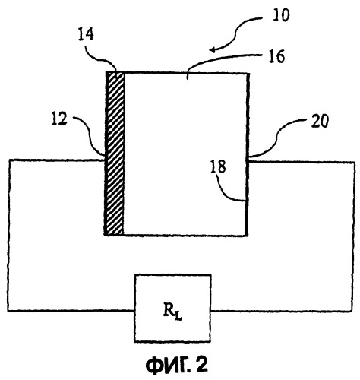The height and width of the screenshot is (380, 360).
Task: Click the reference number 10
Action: [x=280, y=15]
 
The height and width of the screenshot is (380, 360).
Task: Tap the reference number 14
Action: [x=86, y=34]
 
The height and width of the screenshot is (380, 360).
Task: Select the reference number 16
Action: [x=276, y=56]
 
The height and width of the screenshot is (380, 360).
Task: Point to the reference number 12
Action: [x=59, y=119]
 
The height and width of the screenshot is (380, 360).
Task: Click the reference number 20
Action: [x=320, y=121]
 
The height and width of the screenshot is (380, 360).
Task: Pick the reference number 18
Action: [x=218, y=167]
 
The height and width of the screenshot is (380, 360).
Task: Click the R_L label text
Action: [x=172, y=312]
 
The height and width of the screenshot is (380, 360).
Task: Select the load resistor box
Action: [x=172, y=308]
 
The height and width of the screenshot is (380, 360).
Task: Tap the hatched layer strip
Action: [x=115, y=154]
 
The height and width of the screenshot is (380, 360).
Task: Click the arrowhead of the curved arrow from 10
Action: [x=212, y=49]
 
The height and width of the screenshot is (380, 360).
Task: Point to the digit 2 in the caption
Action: [x=201, y=365]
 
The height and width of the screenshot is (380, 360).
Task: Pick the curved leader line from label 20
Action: [x=276, y=139]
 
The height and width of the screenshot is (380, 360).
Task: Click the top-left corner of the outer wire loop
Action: [x=9, y=160]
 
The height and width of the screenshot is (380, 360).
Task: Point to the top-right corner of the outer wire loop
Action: [x=354, y=163]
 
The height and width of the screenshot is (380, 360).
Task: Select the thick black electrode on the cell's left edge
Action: [x=106, y=154]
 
